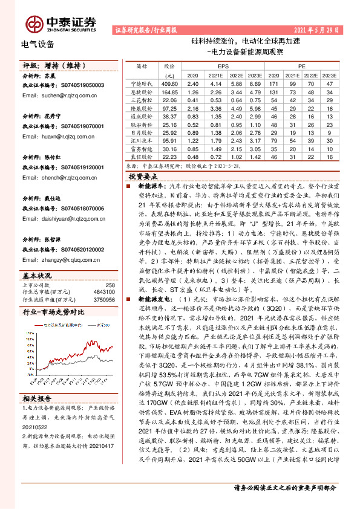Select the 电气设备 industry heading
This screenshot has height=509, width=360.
click(38, 44)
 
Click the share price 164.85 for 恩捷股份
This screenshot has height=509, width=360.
click(168, 91)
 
